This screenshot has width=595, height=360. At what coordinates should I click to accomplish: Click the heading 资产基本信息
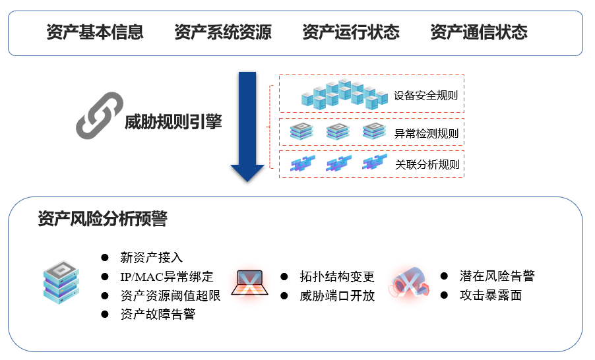point(95,32)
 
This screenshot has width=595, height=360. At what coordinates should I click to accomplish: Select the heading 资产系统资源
point(223,32)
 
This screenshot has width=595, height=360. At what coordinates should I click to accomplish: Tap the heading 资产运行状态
point(351,32)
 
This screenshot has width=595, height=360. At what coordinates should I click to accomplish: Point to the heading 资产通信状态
point(479,32)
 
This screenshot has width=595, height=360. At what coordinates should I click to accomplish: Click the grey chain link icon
point(100,116)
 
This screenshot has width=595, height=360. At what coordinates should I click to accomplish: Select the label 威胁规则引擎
point(173,122)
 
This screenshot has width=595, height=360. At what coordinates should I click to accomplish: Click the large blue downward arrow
point(247,125)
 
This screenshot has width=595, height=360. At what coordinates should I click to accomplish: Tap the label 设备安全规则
point(425,95)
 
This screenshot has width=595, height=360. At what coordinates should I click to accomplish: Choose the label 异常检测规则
point(425,133)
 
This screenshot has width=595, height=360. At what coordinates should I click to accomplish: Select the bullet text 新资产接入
point(152,257)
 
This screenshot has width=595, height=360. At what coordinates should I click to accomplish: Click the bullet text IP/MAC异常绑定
point(167,276)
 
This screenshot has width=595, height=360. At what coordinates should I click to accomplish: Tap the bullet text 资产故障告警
point(158,315)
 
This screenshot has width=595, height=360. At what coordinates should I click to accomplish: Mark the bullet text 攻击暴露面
point(491,295)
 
